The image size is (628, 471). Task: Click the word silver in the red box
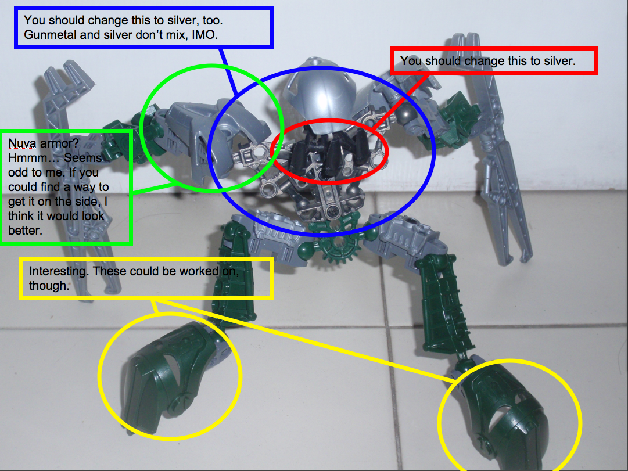(x=558, y=61)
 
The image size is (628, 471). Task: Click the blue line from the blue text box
(x=228, y=72)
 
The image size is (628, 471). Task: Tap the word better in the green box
(x=25, y=231)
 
